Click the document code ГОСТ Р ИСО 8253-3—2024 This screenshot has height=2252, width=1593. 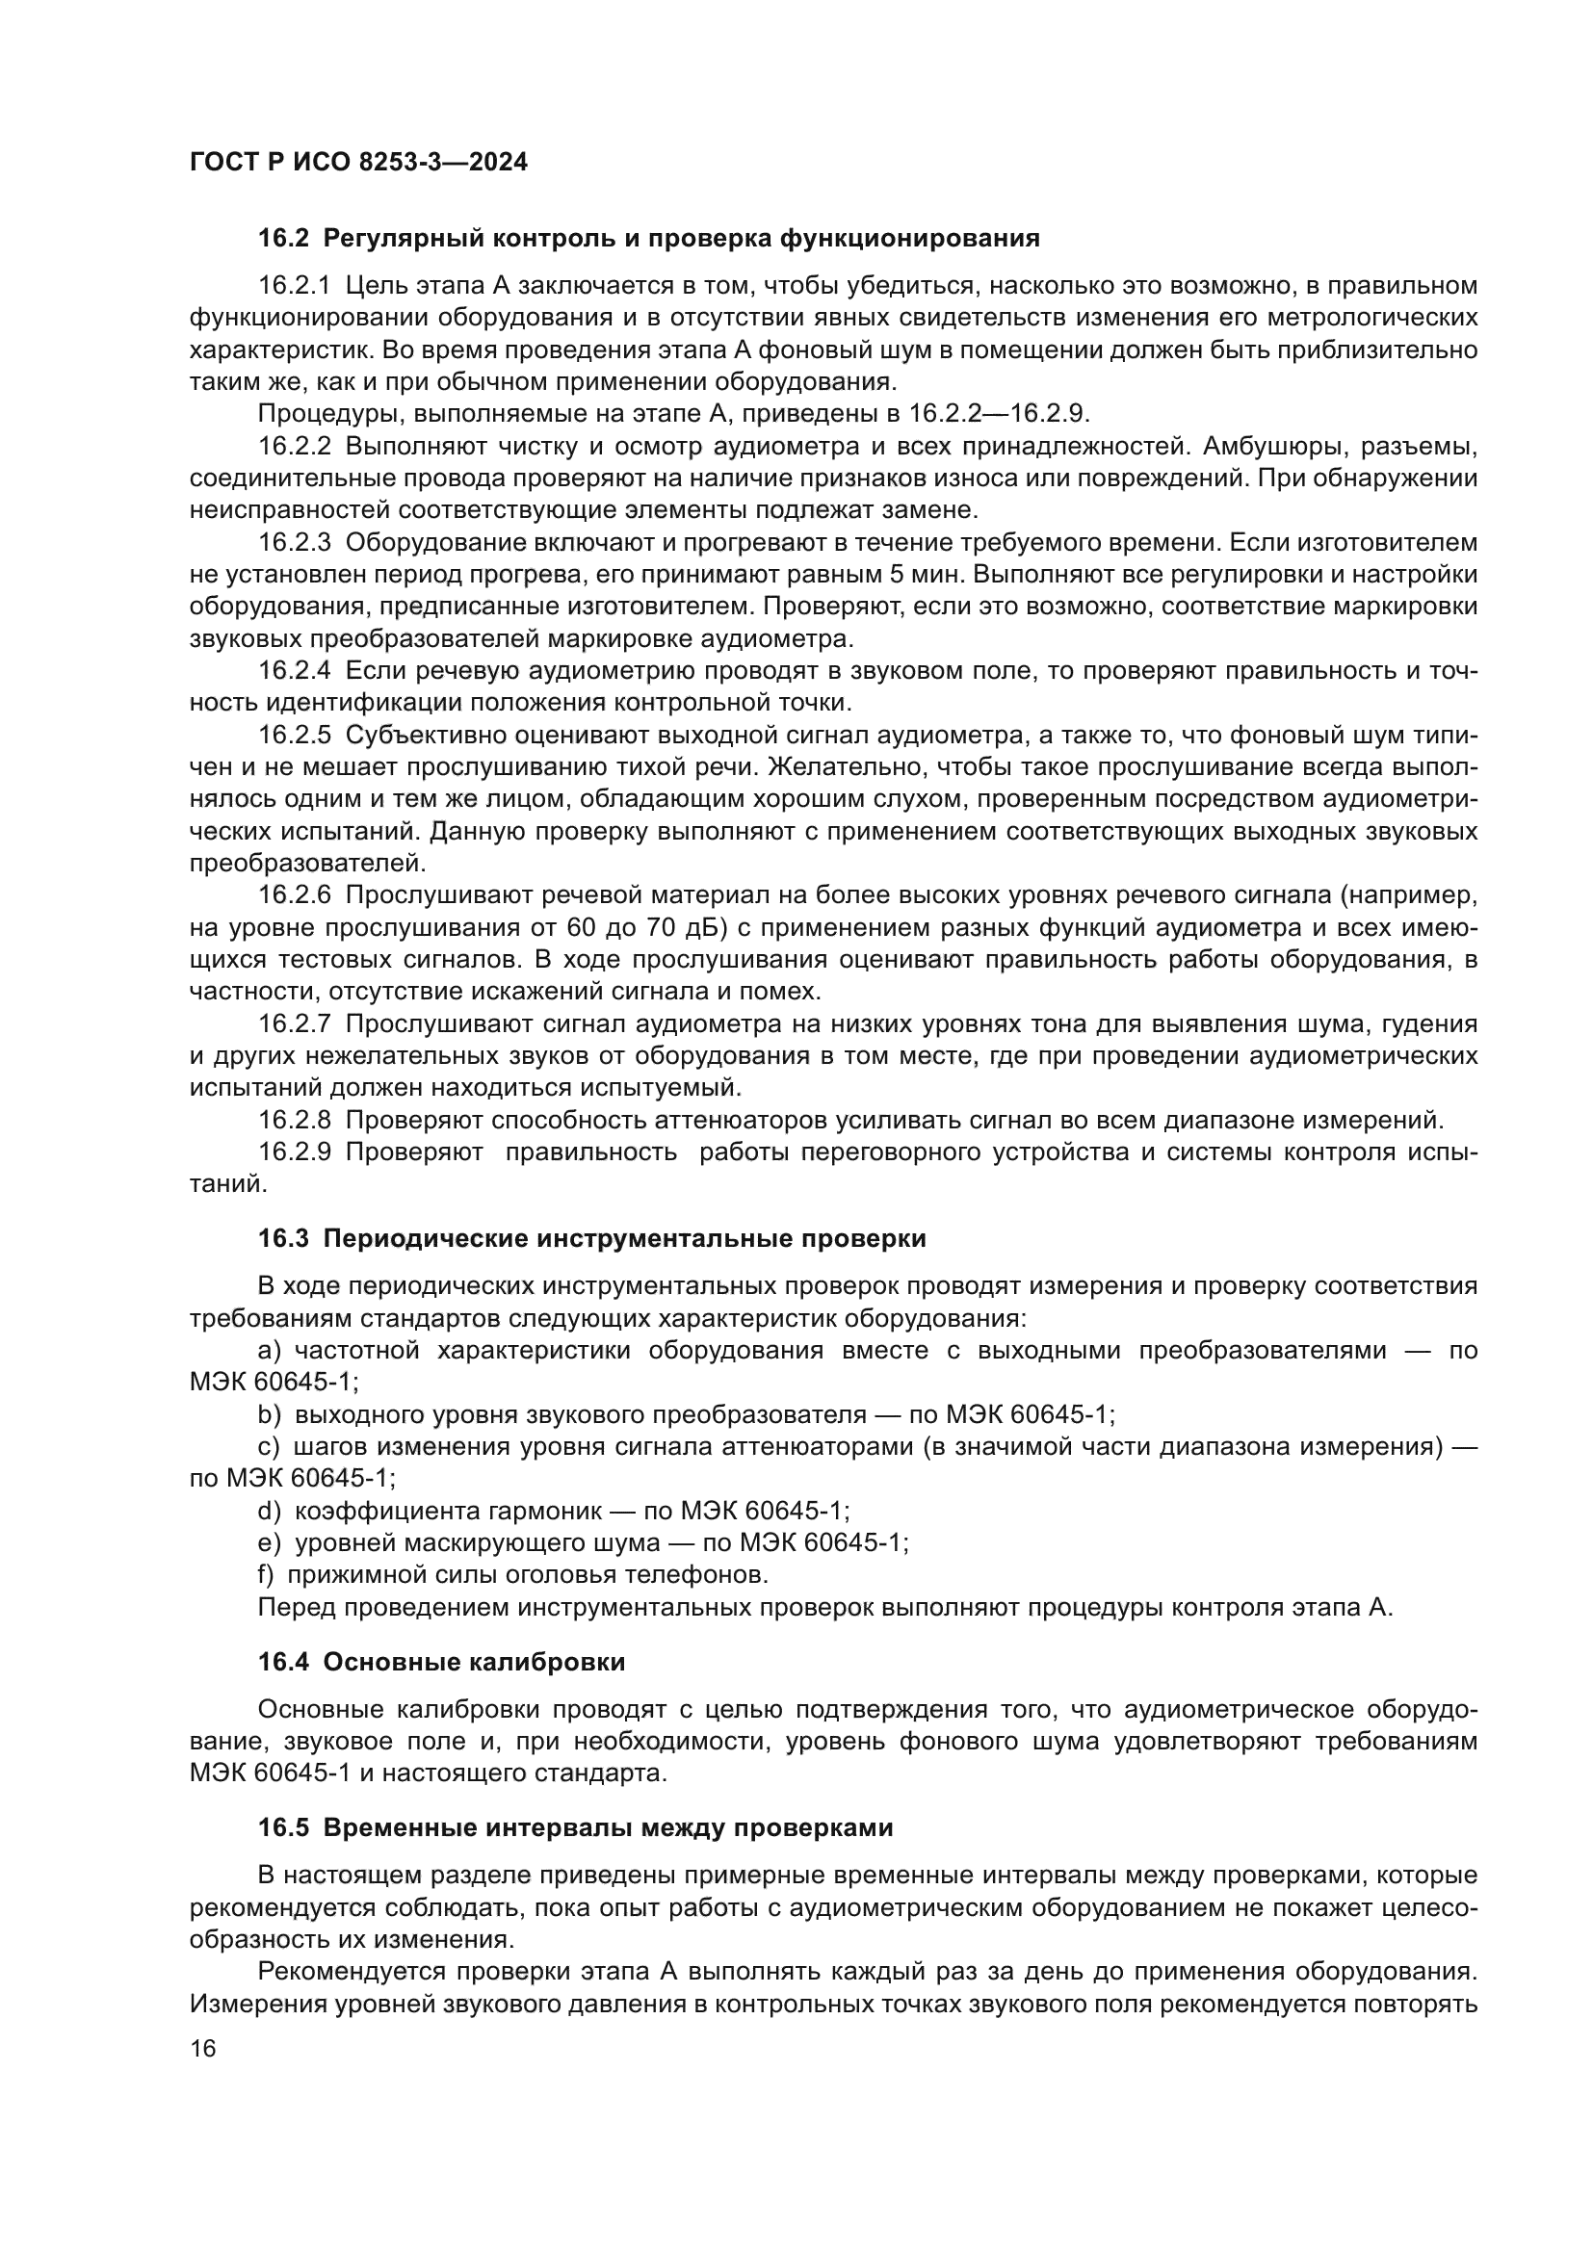tap(358, 162)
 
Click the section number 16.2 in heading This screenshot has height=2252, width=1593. tap(284, 239)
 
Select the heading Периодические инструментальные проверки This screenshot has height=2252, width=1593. tap(624, 1239)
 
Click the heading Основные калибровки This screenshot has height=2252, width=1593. tap(474, 1663)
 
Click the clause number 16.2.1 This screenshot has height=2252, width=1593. tap(295, 285)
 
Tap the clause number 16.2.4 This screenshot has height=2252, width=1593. tap(295, 671)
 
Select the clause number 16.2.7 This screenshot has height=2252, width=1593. tap(295, 1024)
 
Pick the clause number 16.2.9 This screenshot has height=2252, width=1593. tap(295, 1152)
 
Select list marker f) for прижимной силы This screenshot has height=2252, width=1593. tap(266, 1575)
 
